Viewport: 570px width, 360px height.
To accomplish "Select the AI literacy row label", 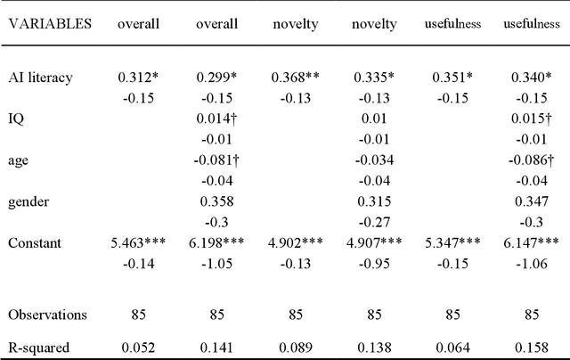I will [41, 78].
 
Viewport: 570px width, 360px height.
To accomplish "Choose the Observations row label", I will [47, 315].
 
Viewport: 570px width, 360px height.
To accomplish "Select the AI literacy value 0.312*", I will [139, 78].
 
